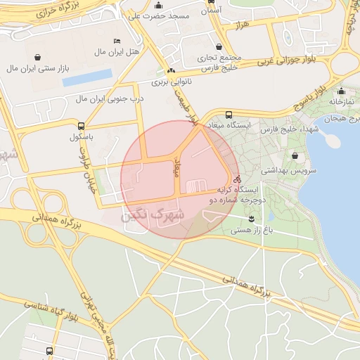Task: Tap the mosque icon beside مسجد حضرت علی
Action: click(155, 6)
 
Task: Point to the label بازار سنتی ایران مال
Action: click(37, 68)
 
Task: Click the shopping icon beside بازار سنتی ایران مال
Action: click(37, 58)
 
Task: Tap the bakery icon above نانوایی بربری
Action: click(171, 72)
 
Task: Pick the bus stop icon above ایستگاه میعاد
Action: click(228, 115)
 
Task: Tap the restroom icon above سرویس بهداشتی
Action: click(294, 156)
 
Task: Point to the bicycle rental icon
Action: click(237, 179)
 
